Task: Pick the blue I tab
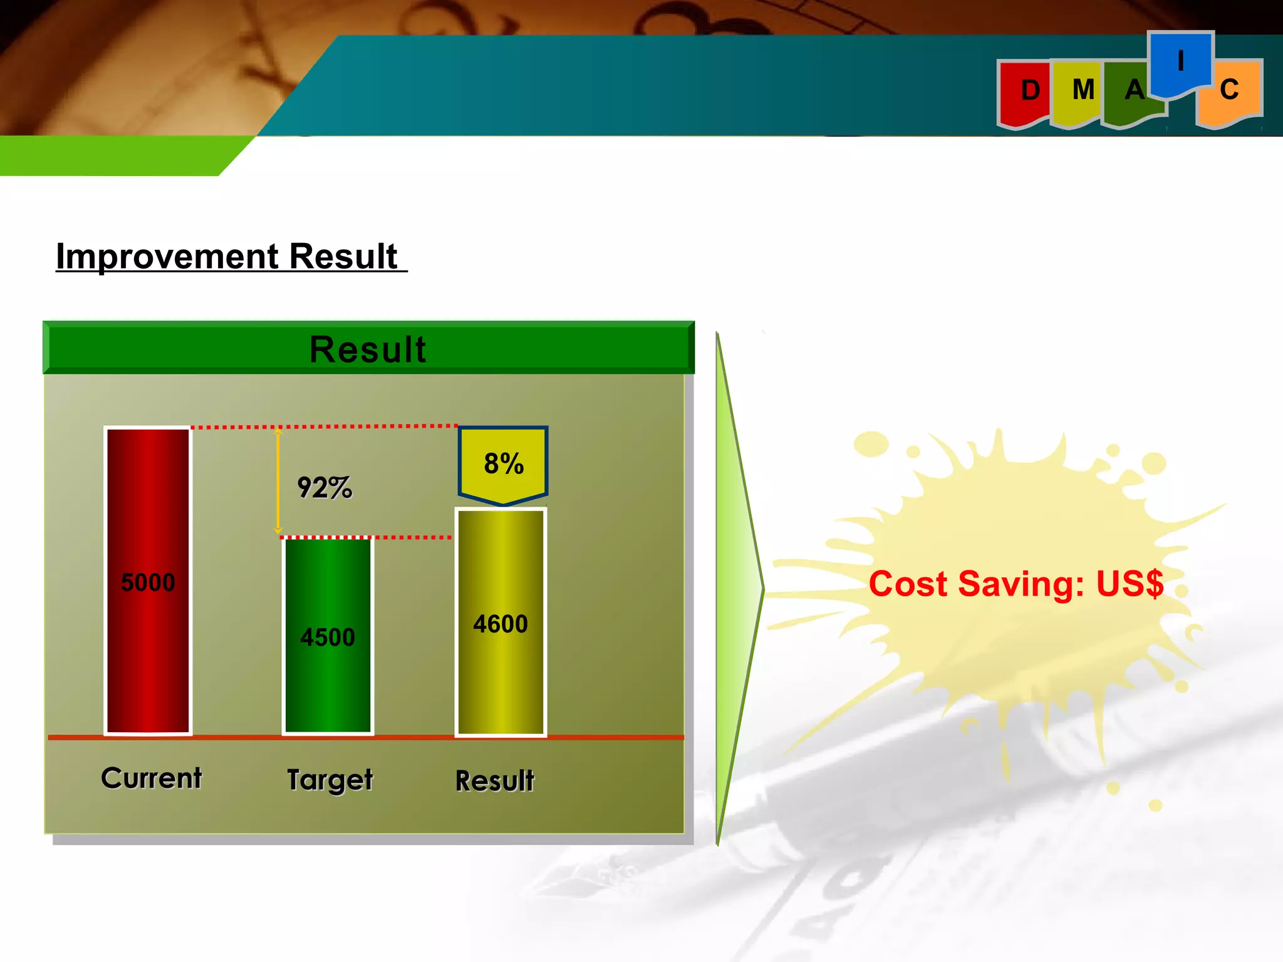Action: (x=1180, y=63)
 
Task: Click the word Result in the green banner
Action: (x=368, y=349)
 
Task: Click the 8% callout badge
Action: (x=503, y=464)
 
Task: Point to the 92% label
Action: (x=325, y=487)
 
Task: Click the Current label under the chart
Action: (x=152, y=778)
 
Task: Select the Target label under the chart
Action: (x=330, y=780)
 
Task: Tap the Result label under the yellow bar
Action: (x=495, y=781)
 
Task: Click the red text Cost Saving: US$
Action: (x=1015, y=584)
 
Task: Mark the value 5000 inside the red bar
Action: (x=148, y=582)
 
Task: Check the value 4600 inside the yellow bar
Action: (x=501, y=624)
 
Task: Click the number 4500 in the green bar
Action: (x=328, y=637)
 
